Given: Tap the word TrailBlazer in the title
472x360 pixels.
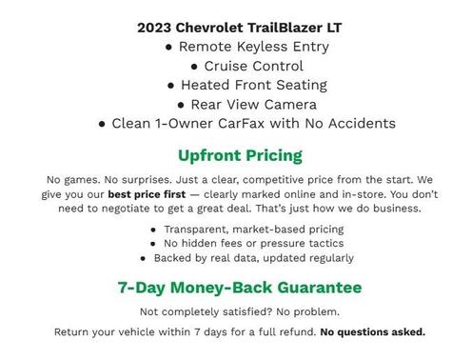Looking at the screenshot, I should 287,28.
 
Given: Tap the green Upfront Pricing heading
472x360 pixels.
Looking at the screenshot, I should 240,154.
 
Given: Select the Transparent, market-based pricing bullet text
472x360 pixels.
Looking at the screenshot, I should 253,230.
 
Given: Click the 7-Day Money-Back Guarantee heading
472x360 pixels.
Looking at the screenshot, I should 240,287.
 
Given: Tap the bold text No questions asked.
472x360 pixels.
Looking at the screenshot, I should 373,332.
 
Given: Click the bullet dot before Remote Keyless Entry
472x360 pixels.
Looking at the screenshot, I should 168,47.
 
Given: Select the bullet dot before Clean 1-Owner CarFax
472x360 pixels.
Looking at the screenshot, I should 102,123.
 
